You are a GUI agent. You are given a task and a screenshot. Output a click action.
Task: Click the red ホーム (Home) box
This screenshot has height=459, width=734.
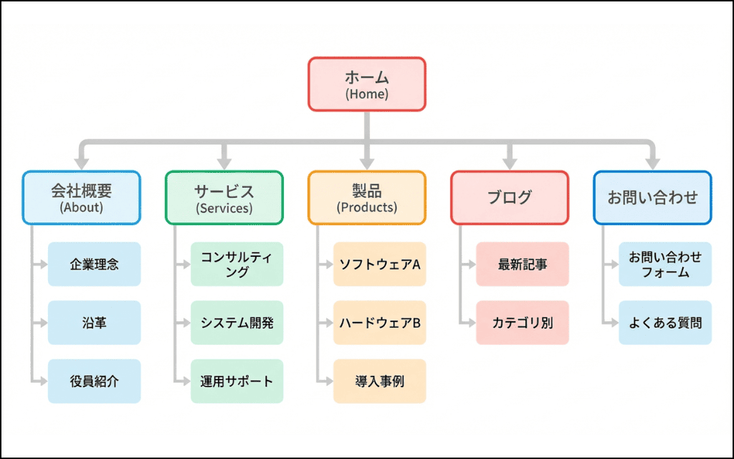coord(367,84)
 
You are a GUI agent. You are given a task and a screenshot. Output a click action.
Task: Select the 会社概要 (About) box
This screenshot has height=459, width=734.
coord(81,197)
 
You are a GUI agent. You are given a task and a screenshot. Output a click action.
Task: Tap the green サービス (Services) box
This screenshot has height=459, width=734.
coord(224,197)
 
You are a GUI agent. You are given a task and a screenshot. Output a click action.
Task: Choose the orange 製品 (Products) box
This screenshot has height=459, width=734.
coord(367,197)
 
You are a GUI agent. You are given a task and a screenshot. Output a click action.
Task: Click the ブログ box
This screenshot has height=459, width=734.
coord(510,197)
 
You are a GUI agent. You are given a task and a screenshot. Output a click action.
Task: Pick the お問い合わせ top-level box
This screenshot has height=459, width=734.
coord(652,197)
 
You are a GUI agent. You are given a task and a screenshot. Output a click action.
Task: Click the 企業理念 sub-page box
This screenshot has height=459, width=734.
coord(94,264)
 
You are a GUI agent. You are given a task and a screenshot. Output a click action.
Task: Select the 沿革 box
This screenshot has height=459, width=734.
coord(94,323)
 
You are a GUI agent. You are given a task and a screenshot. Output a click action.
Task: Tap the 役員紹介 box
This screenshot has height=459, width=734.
coord(94,381)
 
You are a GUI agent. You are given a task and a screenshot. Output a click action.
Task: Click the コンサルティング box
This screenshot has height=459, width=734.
coord(237,264)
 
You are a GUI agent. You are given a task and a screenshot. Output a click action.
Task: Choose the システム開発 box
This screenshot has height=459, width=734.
coord(237,323)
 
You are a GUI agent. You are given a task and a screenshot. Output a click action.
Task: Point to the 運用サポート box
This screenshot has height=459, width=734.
coord(237,381)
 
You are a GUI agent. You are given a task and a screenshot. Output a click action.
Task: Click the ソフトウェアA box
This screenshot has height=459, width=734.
coord(379,264)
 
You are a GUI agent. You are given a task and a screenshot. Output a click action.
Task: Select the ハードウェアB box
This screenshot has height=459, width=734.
coord(379,323)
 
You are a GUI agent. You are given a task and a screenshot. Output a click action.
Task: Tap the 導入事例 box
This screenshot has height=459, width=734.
coord(379,381)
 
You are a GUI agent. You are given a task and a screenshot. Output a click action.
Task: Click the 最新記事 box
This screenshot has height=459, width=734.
coord(522,264)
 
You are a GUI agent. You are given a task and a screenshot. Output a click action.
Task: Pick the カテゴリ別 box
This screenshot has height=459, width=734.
coord(522,323)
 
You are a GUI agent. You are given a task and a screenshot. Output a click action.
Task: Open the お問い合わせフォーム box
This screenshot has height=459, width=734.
coord(665,264)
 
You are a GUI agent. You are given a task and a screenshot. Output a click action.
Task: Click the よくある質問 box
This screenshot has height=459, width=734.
coord(665,323)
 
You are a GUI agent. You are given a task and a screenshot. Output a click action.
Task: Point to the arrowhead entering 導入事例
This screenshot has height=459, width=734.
coord(328,381)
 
